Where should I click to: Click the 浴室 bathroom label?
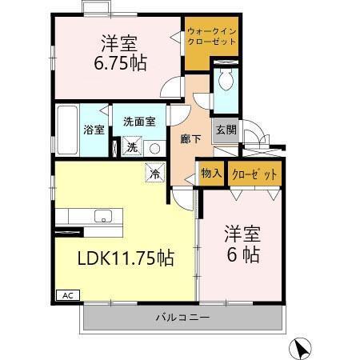tap(94, 130)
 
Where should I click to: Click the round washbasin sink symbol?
tap(153, 148)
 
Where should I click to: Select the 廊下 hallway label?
tap(190, 138)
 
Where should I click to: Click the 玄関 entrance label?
tap(224, 130)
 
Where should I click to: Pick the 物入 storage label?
tap(210, 174)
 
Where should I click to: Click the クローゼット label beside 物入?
tap(254, 174)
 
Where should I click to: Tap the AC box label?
tap(66, 294)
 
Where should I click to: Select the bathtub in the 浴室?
tap(68, 128)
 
